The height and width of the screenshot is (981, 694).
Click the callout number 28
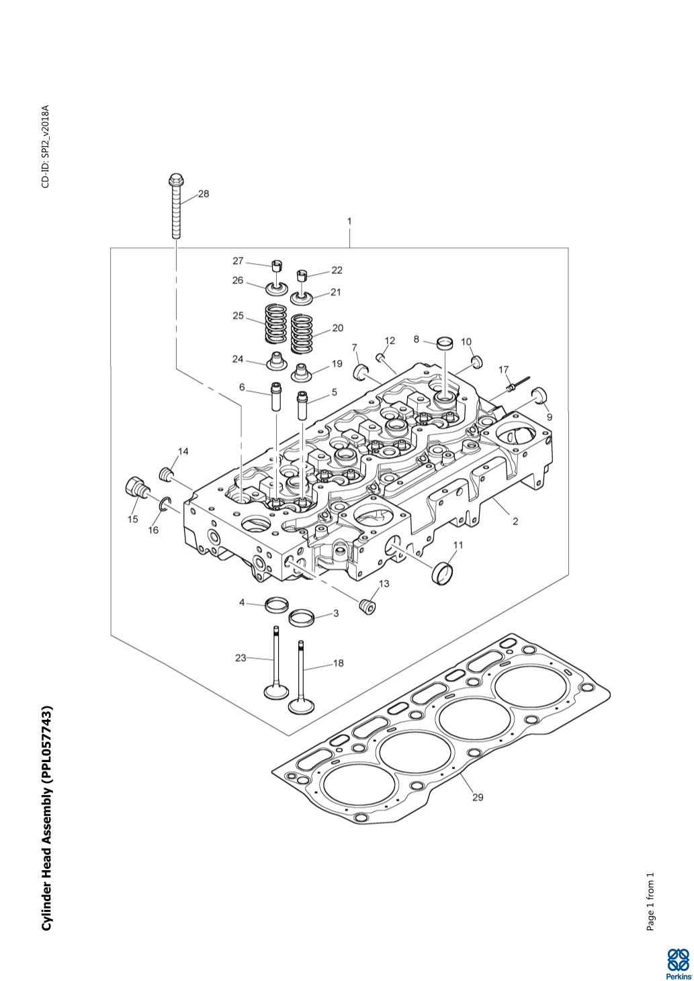click(204, 193)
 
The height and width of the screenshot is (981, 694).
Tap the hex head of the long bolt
click(175, 179)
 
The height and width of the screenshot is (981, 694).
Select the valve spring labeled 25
click(276, 324)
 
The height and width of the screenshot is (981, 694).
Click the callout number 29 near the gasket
click(478, 797)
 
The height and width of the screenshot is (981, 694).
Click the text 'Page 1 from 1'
click(650, 897)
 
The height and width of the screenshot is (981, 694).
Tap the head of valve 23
click(276, 692)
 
